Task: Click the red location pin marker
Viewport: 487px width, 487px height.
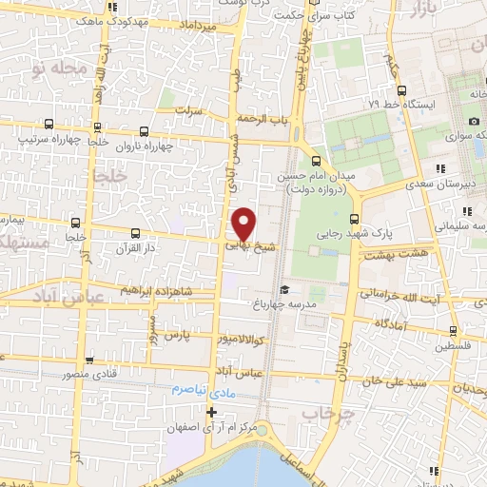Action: [244, 223]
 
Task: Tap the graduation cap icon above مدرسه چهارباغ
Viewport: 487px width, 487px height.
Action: [282, 290]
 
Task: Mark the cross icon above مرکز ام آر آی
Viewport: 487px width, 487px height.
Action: [211, 412]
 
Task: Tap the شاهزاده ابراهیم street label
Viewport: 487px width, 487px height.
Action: [161, 290]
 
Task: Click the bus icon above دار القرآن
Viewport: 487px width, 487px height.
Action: [134, 232]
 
